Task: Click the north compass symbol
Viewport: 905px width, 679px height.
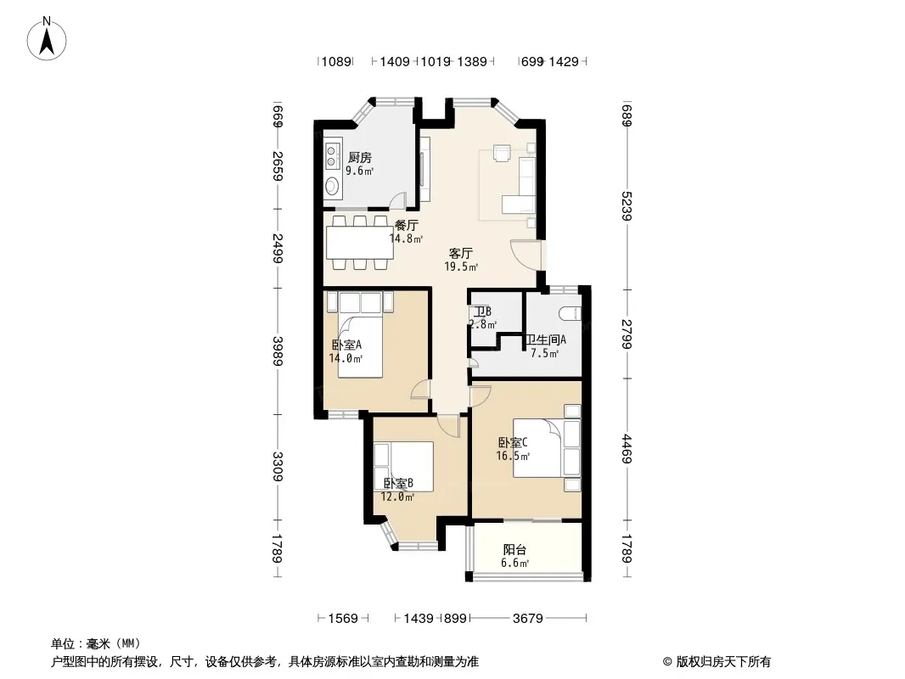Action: [47, 39]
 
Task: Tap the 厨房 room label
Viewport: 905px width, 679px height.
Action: [360, 158]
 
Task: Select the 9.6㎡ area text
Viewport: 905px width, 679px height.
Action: [360, 171]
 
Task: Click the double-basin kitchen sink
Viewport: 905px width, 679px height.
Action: [332, 156]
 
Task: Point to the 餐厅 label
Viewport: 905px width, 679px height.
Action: [407, 226]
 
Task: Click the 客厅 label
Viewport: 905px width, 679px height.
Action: [461, 253]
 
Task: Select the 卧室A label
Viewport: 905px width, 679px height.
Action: [346, 345]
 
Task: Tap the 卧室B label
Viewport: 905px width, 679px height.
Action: [398, 484]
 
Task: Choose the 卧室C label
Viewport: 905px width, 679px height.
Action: [513, 442]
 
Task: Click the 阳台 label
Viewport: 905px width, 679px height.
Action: [514, 550]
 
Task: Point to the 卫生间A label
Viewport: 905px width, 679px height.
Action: [546, 339]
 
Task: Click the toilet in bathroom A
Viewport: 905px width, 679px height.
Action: [570, 313]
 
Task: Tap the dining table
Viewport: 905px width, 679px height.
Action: [360, 243]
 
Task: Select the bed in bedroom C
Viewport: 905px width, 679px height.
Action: [537, 447]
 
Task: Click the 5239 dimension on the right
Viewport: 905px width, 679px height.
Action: [627, 206]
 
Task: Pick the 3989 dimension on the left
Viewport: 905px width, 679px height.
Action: [278, 351]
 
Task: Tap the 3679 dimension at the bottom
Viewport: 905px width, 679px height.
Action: [527, 619]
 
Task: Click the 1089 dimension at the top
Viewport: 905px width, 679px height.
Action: [336, 61]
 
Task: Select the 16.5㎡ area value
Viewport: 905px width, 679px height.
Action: [513, 456]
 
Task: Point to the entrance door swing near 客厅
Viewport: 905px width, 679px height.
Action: [526, 255]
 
